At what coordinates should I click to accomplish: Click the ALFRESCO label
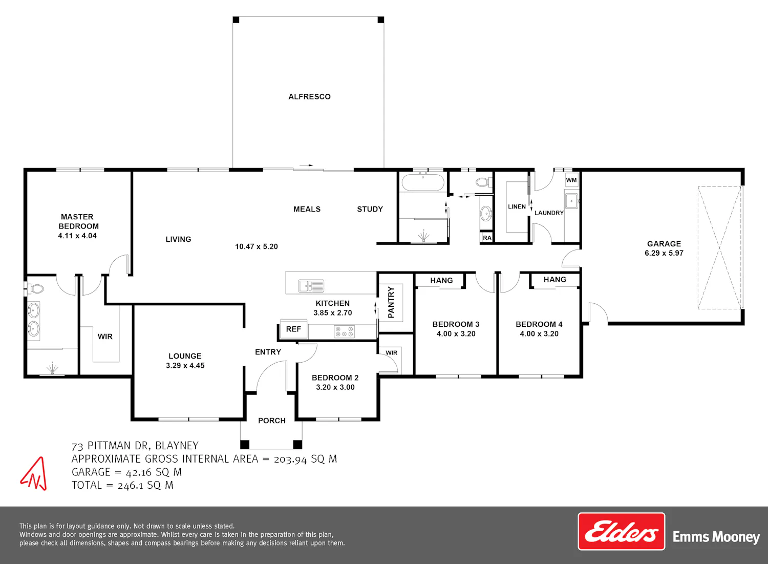pyautogui.click(x=309, y=97)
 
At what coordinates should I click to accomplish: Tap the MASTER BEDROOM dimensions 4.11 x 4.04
pyautogui.click(x=77, y=236)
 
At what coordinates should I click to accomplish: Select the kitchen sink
pyautogui.click(x=311, y=286)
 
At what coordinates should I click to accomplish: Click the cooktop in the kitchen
pyautogui.click(x=344, y=332)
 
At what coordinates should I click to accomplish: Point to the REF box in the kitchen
pyautogui.click(x=293, y=329)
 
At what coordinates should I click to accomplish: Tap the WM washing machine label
pyautogui.click(x=571, y=180)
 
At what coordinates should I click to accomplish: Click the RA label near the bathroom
pyautogui.click(x=487, y=238)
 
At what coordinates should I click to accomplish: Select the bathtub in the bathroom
pyautogui.click(x=423, y=182)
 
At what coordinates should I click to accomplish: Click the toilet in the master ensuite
pyautogui.click(x=35, y=289)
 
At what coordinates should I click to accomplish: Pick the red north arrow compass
pyautogui.click(x=34, y=474)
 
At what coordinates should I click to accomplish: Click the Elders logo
pyautogui.click(x=621, y=531)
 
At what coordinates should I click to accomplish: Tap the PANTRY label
pyautogui.click(x=391, y=302)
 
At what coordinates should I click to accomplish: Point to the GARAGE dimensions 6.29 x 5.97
pyautogui.click(x=664, y=253)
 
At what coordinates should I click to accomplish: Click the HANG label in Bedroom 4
pyautogui.click(x=554, y=280)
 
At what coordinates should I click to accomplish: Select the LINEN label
pyautogui.click(x=517, y=206)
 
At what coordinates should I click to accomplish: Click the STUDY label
pyautogui.click(x=370, y=210)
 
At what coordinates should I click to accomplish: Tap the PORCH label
pyautogui.click(x=271, y=421)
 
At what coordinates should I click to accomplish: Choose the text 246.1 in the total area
pyautogui.click(x=130, y=486)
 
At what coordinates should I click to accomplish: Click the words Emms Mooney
pyautogui.click(x=716, y=537)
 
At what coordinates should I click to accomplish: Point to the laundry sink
pyautogui.click(x=571, y=201)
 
